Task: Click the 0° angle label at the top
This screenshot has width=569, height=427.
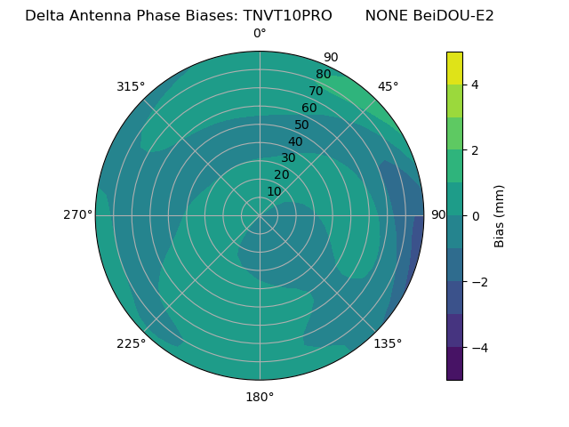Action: click(260, 34)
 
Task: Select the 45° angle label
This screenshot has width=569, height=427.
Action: click(388, 86)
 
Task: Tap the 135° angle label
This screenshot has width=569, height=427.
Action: click(388, 343)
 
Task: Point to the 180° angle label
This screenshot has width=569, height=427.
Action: click(260, 397)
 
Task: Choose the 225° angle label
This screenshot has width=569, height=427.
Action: click(131, 343)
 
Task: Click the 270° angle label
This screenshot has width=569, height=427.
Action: click(78, 214)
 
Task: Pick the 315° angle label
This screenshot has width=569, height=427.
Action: click(131, 86)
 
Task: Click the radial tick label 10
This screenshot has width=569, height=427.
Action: click(274, 191)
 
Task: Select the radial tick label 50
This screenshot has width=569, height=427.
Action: click(301, 125)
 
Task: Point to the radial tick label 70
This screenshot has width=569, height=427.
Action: click(316, 92)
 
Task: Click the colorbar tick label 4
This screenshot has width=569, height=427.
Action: click(475, 85)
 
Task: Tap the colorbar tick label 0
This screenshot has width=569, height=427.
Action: click(475, 216)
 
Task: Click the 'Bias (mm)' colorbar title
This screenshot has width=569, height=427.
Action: click(500, 215)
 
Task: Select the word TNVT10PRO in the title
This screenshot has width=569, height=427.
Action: click(289, 16)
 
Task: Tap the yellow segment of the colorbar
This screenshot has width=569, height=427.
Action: click(454, 68)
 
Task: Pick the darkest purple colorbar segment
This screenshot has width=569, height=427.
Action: click(454, 364)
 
